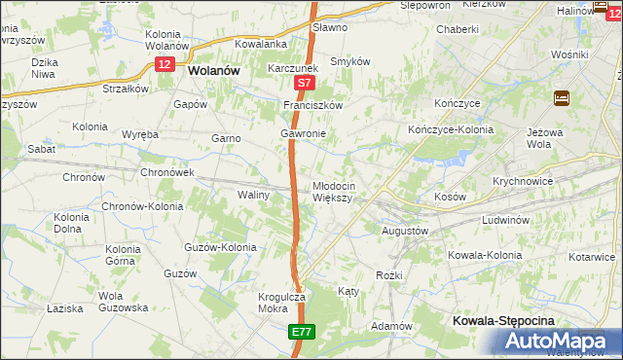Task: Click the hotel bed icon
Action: click(562, 97)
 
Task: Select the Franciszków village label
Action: click(313, 105)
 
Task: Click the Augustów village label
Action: click(403, 232)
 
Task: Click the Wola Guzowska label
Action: click(122, 301)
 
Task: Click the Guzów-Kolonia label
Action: click(220, 247)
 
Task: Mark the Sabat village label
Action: click(41, 150)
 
